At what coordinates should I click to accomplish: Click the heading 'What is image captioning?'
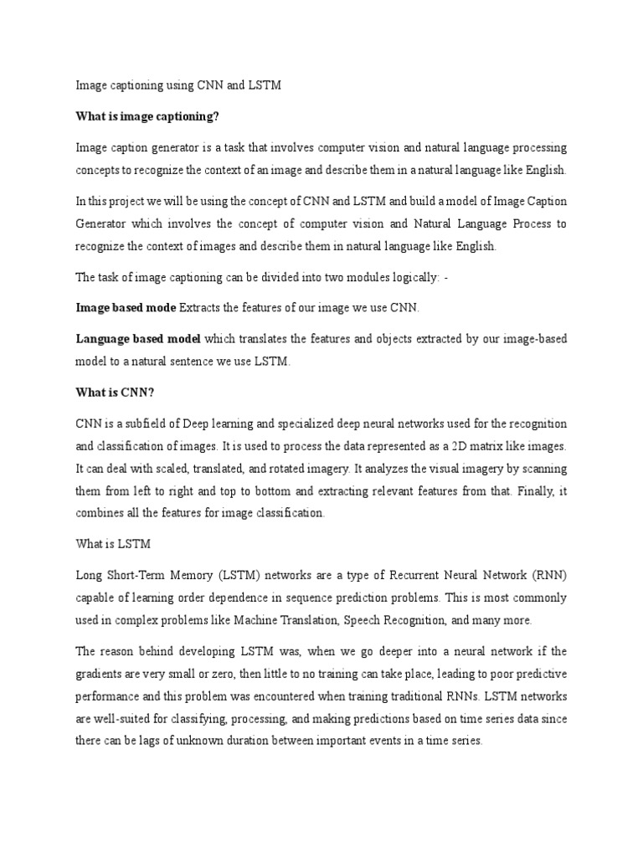tap(152, 115)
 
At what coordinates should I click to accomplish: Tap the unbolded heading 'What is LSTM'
tap(113, 544)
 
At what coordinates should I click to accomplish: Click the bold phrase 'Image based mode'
tap(126, 308)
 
